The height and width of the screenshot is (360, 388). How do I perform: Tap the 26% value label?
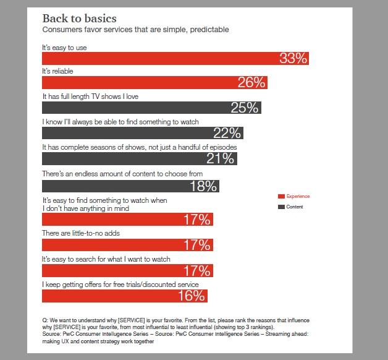(x=251, y=83)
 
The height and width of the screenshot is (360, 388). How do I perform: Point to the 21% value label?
(x=220, y=158)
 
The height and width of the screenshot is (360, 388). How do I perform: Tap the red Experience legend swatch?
(x=281, y=196)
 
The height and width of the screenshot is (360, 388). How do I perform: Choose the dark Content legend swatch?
(x=281, y=207)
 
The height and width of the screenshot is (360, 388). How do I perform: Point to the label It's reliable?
(x=57, y=72)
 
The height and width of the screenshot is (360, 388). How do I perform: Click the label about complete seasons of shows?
(x=139, y=147)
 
